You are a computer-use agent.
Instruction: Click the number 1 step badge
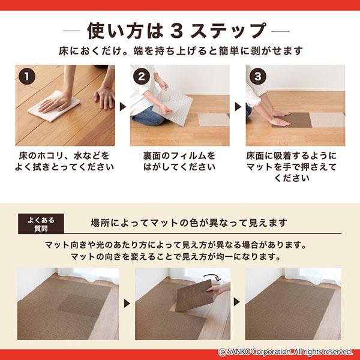point(27,76)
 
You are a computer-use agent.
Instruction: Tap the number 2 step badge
point(142,76)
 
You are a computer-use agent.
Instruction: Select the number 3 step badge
point(257,76)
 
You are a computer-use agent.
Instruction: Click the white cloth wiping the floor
point(54,106)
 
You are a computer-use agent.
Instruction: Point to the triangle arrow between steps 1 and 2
point(123,107)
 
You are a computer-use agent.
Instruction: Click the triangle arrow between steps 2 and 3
point(238,107)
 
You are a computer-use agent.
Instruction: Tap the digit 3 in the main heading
point(176,31)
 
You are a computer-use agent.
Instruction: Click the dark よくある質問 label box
point(41,224)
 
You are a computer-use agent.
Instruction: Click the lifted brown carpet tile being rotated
point(194,296)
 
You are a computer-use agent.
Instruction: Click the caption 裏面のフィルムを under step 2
point(179,156)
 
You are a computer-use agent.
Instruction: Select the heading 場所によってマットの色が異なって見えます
point(189,223)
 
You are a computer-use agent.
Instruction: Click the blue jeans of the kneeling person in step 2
point(146,116)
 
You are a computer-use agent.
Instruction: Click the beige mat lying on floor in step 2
point(214,119)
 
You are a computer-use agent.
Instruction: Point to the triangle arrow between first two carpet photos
point(127,304)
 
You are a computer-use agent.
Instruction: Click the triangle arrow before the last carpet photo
point(237,302)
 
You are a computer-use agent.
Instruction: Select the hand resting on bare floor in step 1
point(104,97)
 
